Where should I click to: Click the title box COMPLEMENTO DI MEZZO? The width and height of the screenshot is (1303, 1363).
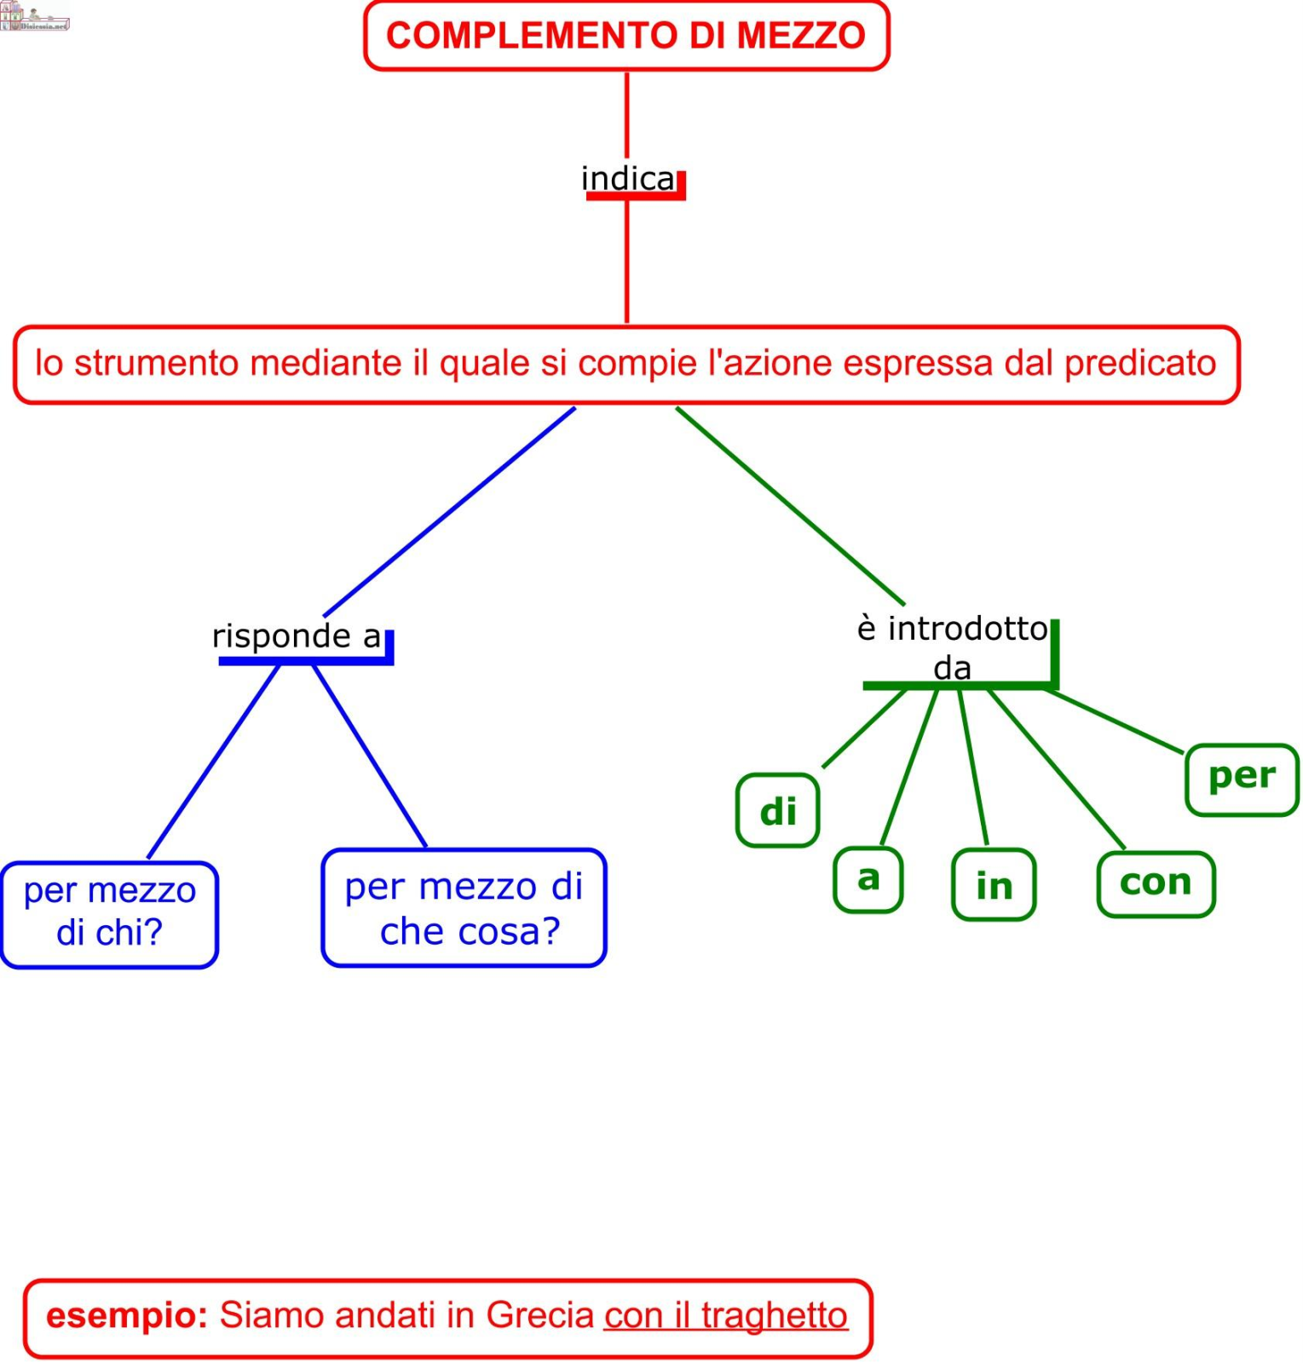tap(626, 36)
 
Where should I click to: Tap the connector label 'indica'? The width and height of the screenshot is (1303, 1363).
tap(627, 179)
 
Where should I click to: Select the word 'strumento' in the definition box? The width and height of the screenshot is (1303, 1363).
tap(156, 363)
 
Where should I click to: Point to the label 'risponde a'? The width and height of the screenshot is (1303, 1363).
tap(296, 636)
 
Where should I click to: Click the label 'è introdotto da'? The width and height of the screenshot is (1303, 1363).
tap(952, 647)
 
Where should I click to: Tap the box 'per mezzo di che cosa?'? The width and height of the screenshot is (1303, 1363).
tap(464, 908)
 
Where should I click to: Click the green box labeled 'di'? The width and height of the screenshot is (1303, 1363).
tap(777, 811)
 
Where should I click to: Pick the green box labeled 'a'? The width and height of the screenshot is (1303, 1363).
tap(868, 878)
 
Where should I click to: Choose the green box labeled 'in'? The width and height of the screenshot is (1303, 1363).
tap(994, 885)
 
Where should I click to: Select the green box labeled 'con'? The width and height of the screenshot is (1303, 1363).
tap(1155, 883)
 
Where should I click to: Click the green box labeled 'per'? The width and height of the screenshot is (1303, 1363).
tap(1241, 778)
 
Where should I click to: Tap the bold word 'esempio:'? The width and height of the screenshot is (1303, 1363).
tap(127, 1315)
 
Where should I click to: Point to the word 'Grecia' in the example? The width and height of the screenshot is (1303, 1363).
tap(539, 1315)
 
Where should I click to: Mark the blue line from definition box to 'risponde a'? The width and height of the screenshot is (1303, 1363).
tap(450, 511)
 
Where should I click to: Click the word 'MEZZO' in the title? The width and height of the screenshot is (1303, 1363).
tap(800, 36)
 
